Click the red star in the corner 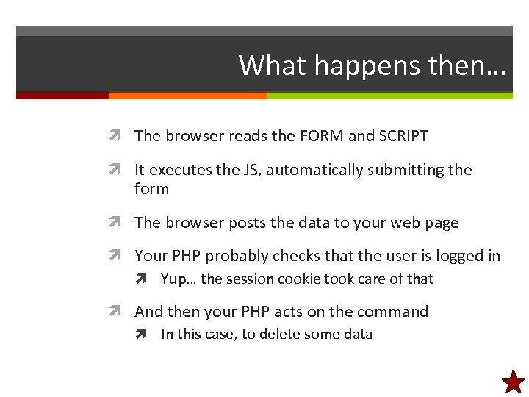pyautogui.click(x=514, y=382)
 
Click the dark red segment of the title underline pyautogui.click(x=62, y=96)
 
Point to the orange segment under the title pyautogui.click(x=187, y=96)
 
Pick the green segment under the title pyautogui.click(x=389, y=96)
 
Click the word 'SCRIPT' pyautogui.click(x=403, y=136)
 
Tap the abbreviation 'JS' pyautogui.click(x=251, y=170)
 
